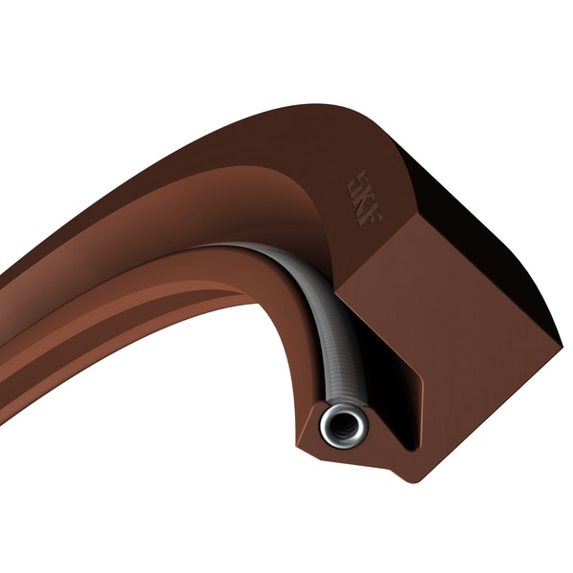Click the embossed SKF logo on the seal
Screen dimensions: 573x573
coord(363,197)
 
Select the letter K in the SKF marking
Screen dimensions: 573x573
coord(364,197)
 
